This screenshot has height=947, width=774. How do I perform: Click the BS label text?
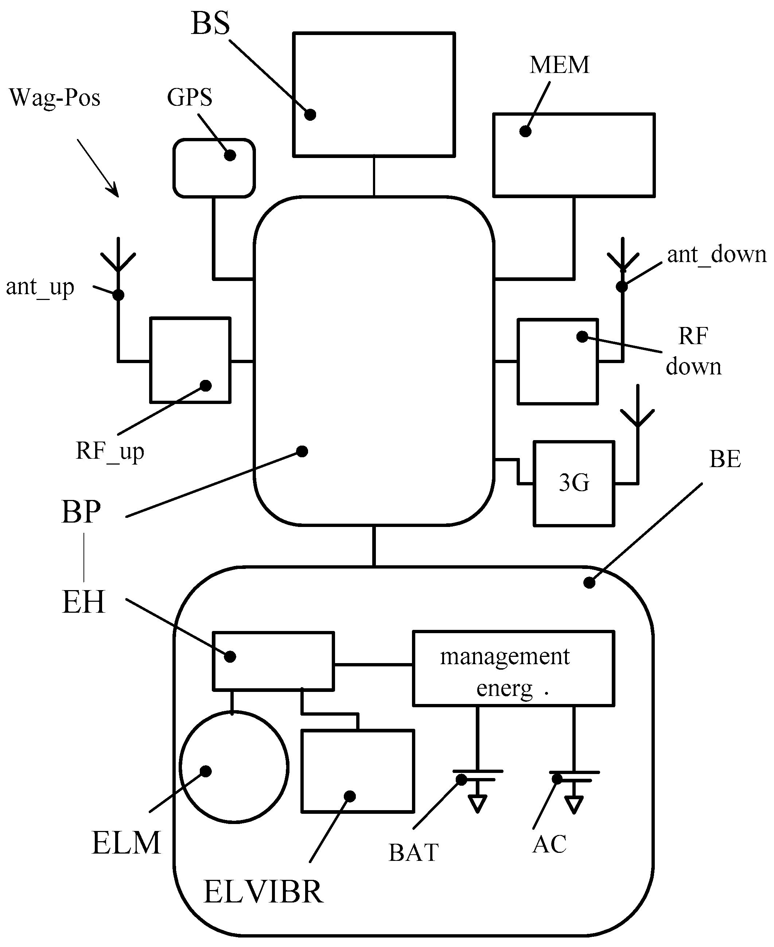coord(210,23)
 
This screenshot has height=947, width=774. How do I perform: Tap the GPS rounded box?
coord(214,168)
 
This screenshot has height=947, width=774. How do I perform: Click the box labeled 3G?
coord(574,483)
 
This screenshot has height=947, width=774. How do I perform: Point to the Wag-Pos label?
coord(54,97)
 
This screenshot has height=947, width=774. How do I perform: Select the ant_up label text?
coord(40,287)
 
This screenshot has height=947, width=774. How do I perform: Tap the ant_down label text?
coord(716,255)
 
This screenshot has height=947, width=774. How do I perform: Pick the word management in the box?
coord(505,657)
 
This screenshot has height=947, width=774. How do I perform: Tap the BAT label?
coord(413,852)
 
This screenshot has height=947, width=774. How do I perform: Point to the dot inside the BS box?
coord(310,115)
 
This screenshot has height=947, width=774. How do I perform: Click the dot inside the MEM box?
coord(525,131)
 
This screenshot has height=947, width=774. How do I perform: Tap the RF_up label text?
coord(110,451)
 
